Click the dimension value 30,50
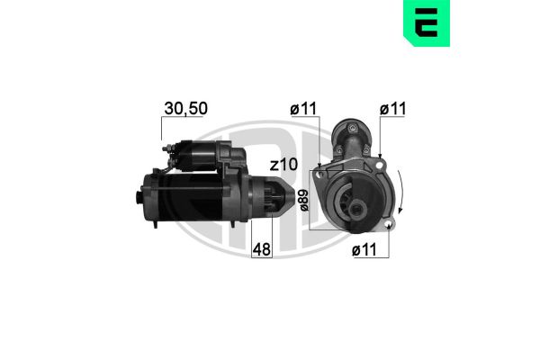(187, 108)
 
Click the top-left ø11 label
(302, 109)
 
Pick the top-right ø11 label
(392, 109)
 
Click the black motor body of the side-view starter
(193, 199)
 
